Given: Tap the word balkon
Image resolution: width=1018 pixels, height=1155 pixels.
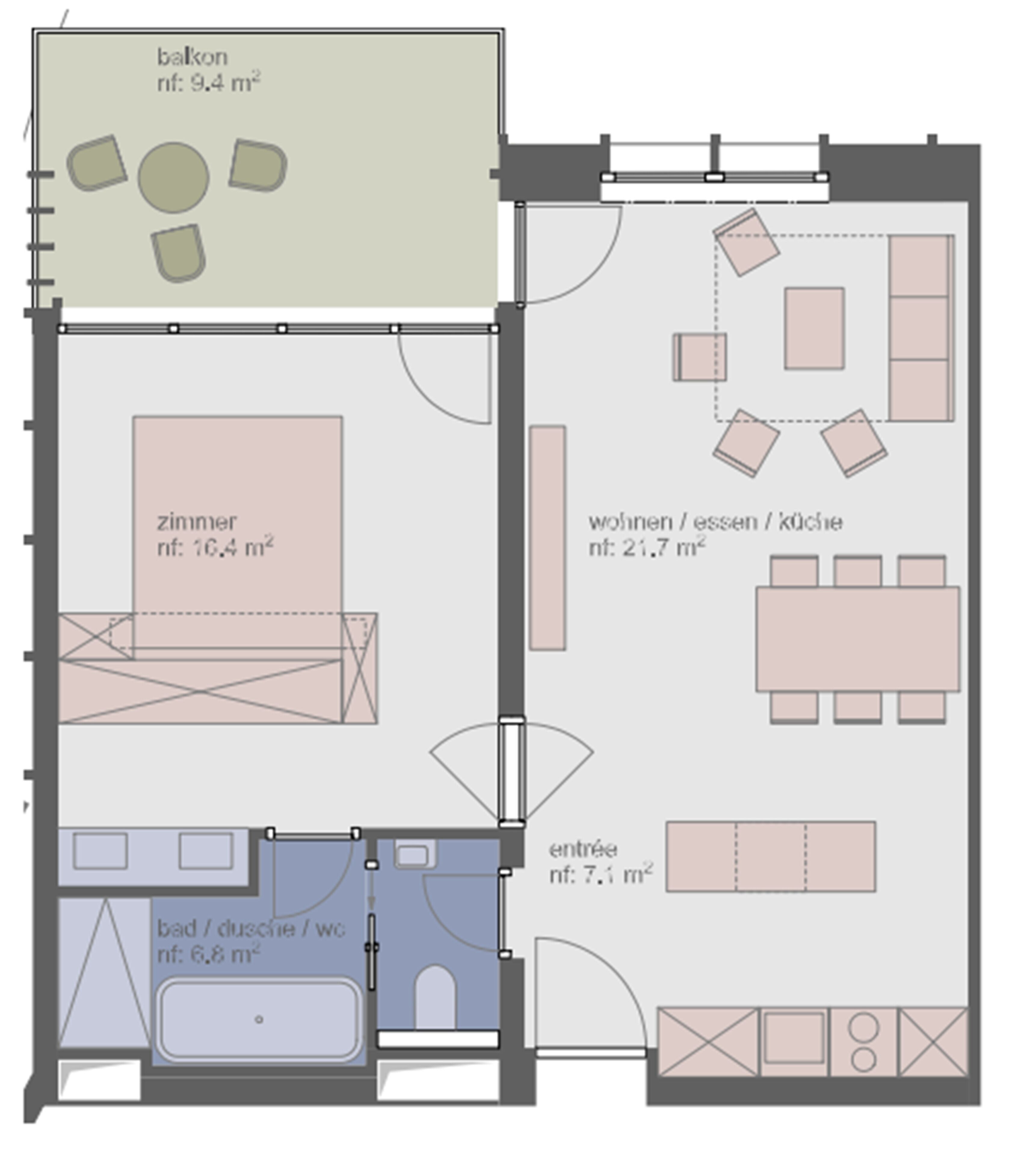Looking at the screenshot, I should pyautogui.click(x=192, y=57).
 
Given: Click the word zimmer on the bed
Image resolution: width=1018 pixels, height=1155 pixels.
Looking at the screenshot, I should pyautogui.click(x=196, y=522).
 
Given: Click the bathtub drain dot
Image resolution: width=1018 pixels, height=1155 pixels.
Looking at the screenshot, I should pyautogui.click(x=259, y=1019).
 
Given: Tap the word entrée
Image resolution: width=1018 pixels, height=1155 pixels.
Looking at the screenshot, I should pyautogui.click(x=583, y=849).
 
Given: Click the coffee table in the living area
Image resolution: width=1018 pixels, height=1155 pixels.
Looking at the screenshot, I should pyautogui.click(x=814, y=328).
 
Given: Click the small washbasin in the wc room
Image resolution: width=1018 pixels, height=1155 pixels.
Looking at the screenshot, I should pyautogui.click(x=414, y=855).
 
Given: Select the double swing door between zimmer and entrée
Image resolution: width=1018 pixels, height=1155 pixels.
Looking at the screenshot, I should pyautogui.click(x=511, y=771).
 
